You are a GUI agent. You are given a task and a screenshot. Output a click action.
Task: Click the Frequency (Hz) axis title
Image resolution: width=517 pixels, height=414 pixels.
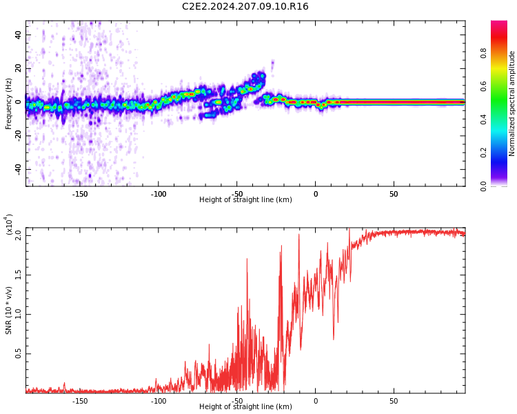coord(9,103)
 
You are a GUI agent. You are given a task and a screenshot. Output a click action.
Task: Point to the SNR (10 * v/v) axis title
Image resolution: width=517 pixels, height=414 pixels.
coord(9,310)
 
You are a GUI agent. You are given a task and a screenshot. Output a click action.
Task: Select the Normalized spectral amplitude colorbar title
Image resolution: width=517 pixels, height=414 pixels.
coord(512,103)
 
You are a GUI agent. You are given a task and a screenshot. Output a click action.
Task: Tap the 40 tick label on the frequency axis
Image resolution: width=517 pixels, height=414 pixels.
coord(17,34)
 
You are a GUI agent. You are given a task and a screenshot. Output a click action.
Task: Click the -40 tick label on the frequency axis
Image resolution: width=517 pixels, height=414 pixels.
coord(16,169)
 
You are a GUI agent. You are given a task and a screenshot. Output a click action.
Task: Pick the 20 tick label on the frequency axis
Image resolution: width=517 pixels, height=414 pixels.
coord(17,68)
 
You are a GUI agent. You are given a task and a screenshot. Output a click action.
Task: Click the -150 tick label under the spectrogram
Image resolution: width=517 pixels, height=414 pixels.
coord(80,194)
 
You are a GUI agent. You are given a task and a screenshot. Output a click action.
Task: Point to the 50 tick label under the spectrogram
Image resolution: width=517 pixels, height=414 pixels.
coord(394,194)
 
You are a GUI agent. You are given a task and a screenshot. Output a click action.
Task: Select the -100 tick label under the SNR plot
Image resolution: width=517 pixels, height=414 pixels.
coord(159,401)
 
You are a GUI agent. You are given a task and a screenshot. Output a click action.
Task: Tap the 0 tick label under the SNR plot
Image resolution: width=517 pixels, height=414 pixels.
coord(316,401)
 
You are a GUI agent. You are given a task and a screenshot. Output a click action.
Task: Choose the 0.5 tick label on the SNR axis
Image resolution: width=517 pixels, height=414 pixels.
coord(19,354)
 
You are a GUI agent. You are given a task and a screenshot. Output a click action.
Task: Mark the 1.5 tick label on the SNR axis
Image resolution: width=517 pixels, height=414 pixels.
coord(19,275)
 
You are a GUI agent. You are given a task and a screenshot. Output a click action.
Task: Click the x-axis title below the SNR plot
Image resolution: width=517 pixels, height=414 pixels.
coord(245,407)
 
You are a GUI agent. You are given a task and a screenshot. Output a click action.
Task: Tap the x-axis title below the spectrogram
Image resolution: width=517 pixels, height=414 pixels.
coord(245,200)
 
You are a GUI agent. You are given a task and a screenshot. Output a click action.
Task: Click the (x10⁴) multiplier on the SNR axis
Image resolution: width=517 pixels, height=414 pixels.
coord(10,225)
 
